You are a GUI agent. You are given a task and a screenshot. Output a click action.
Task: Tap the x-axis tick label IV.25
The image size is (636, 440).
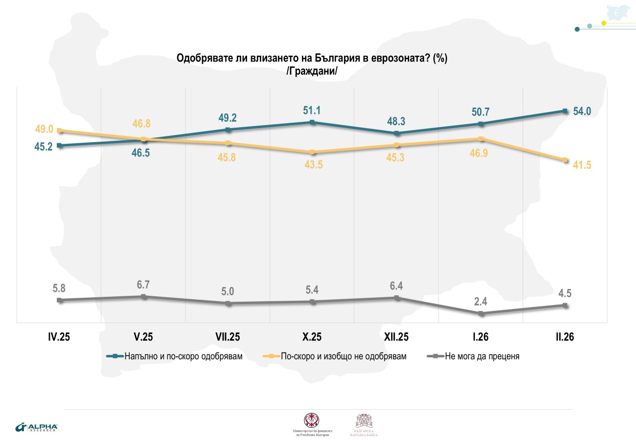pos(60,337)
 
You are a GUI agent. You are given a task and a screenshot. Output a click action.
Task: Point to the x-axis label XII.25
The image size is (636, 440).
pos(397,337)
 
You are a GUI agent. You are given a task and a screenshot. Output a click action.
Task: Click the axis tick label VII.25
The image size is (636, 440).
pos(227,337)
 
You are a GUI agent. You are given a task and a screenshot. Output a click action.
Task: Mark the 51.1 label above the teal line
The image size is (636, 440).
pos(313,109)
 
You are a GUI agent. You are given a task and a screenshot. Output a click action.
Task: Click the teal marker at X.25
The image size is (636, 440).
pos(313,122)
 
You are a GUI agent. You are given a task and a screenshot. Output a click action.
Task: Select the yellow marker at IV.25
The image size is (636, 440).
pos(60,131)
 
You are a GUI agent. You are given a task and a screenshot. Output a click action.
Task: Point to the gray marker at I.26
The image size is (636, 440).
pos(481,314)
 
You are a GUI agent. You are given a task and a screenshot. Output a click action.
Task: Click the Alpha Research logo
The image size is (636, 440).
pos(37,427)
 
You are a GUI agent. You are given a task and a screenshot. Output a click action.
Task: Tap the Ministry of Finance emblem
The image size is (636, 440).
pos(312,420)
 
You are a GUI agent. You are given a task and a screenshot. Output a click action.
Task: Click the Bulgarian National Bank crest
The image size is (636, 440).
pos(364,421)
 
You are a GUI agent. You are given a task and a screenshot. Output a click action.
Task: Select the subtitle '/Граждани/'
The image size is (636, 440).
pos(312,71)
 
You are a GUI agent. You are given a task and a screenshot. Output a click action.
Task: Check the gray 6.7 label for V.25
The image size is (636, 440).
pos(143,284)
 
